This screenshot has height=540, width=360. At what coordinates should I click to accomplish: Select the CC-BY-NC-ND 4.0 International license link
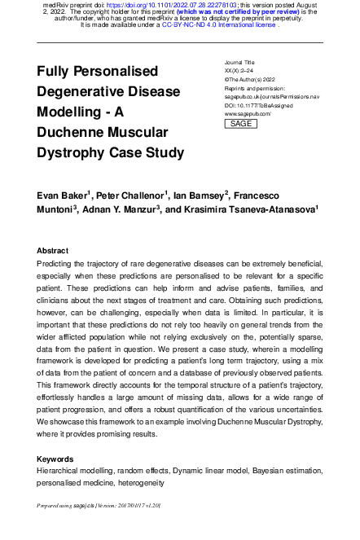(218, 25)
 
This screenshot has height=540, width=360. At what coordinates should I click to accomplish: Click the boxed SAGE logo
(240, 124)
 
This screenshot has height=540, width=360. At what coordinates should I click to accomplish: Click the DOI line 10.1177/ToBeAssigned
(261, 106)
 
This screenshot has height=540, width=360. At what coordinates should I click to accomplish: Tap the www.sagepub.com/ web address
(247, 114)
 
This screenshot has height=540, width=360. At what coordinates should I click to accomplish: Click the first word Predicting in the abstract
(59, 264)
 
